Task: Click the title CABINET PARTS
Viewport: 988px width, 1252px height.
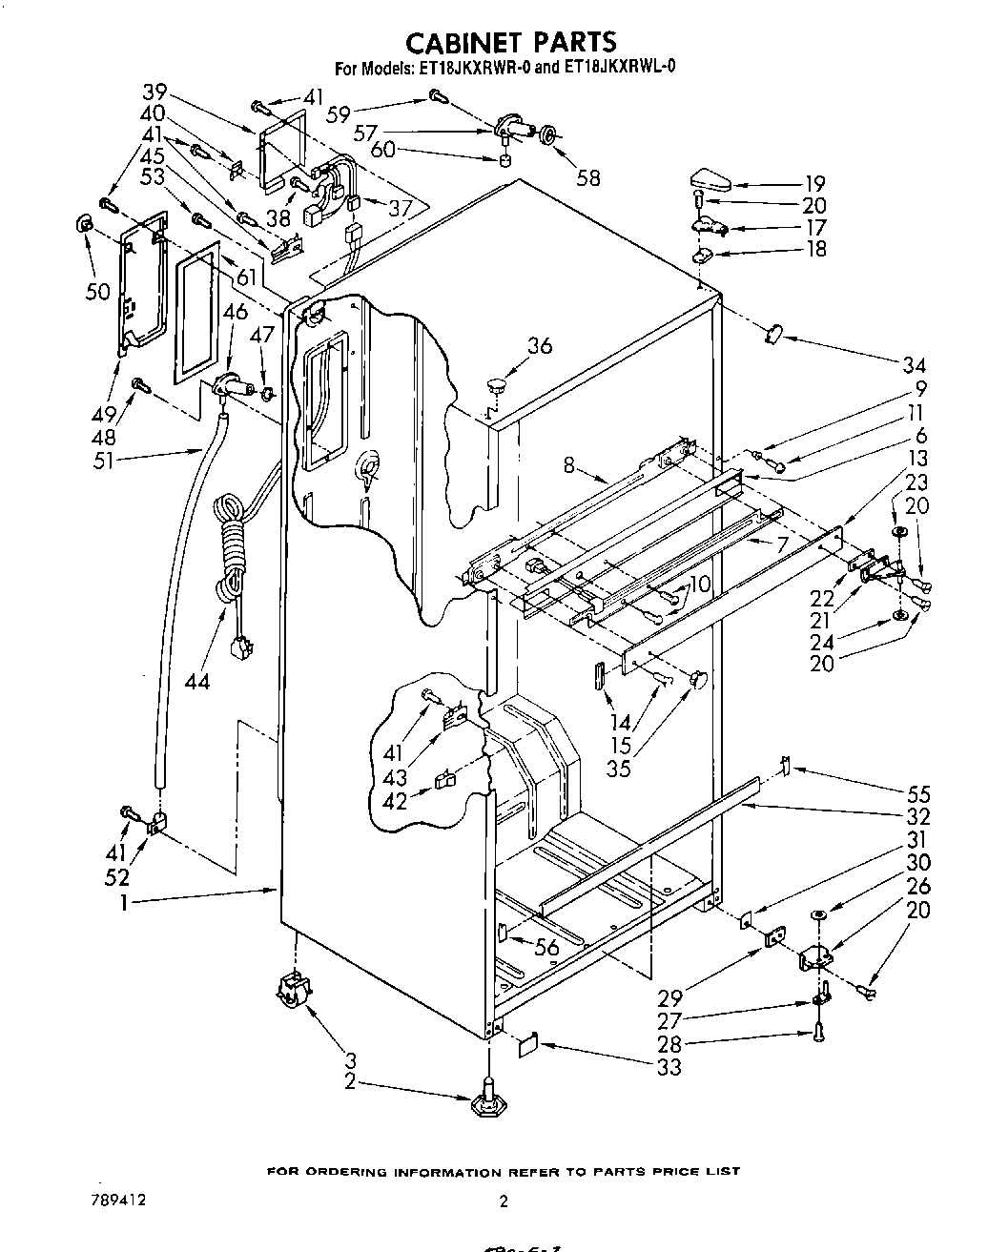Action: coord(510,42)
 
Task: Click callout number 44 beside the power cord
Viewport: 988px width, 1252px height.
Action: coord(198,681)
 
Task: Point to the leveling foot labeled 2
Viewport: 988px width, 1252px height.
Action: coord(487,1098)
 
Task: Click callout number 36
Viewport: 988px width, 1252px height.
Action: coord(540,345)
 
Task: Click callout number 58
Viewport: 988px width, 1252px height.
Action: coord(587,177)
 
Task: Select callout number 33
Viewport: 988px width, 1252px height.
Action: coord(669,1066)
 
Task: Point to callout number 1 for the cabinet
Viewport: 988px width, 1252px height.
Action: coord(124,902)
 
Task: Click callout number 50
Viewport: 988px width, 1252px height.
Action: coord(98,291)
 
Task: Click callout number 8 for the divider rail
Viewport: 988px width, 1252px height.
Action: coord(568,465)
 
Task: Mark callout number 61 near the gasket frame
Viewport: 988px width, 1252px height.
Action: coord(245,277)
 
